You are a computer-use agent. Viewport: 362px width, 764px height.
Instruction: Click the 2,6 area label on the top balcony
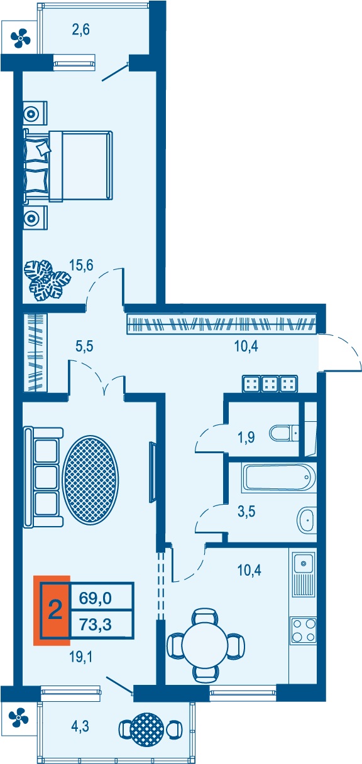[x=80, y=30]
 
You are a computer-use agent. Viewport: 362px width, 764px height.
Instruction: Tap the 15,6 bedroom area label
[x=81, y=265]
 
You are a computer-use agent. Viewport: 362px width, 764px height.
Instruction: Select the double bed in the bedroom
[x=68, y=166]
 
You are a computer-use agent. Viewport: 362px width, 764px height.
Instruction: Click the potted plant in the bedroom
[x=47, y=281]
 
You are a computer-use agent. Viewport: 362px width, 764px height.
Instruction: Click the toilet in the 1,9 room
[x=284, y=434]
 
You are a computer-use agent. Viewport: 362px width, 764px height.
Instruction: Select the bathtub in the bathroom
[x=278, y=478]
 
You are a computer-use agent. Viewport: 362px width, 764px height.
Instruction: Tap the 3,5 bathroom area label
[x=246, y=512]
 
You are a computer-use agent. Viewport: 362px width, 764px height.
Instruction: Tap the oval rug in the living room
[x=91, y=481]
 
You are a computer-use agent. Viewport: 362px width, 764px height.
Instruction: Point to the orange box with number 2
[x=52, y=610]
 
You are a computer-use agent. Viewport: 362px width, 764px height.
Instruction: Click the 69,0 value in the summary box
[x=96, y=598]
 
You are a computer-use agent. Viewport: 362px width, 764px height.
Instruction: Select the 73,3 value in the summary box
[x=96, y=624]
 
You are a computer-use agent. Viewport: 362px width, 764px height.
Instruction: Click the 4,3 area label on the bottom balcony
[x=80, y=726]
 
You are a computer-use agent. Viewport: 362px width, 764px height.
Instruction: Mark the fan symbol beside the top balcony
[x=21, y=38]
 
